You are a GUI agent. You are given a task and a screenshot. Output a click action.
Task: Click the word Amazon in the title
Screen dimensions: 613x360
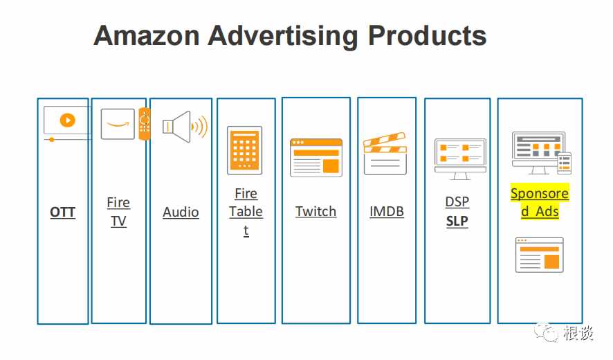point(147,35)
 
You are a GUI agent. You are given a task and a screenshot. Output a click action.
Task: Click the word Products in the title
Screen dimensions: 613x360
point(427,35)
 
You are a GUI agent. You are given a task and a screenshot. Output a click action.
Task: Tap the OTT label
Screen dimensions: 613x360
point(62,212)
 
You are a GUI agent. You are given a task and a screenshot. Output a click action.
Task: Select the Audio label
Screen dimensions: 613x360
point(181,212)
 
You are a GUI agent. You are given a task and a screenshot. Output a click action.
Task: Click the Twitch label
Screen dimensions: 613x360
point(316,211)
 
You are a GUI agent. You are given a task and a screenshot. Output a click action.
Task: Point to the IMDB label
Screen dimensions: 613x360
point(387,211)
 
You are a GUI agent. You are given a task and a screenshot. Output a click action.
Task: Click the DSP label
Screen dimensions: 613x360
point(457,201)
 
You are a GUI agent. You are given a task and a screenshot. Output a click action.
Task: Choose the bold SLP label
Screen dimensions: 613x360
point(457,221)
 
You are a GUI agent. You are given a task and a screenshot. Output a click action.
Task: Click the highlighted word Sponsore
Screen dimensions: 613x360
point(540,193)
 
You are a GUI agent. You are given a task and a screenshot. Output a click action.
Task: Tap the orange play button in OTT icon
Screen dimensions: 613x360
point(67,120)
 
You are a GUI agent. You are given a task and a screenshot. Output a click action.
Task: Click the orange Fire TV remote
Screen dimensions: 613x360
point(145,124)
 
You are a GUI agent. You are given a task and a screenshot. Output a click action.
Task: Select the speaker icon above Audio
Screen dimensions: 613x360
point(185,127)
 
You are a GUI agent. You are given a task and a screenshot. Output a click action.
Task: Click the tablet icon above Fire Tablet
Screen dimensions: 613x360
point(245,150)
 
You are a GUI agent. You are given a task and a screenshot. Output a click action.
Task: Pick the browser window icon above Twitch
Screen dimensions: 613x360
point(316,158)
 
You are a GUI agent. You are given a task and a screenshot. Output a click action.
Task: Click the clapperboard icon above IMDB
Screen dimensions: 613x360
point(385,154)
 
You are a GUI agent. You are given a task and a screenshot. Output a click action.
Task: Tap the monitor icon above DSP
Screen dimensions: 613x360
point(460,159)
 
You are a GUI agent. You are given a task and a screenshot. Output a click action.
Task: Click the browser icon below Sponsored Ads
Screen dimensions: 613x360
point(540,255)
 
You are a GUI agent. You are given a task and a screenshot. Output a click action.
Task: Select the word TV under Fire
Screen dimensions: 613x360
point(118,221)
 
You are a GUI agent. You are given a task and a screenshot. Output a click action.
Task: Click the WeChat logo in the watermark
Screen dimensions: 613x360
point(546,332)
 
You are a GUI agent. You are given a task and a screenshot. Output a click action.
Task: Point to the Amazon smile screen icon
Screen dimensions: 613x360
point(118,124)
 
